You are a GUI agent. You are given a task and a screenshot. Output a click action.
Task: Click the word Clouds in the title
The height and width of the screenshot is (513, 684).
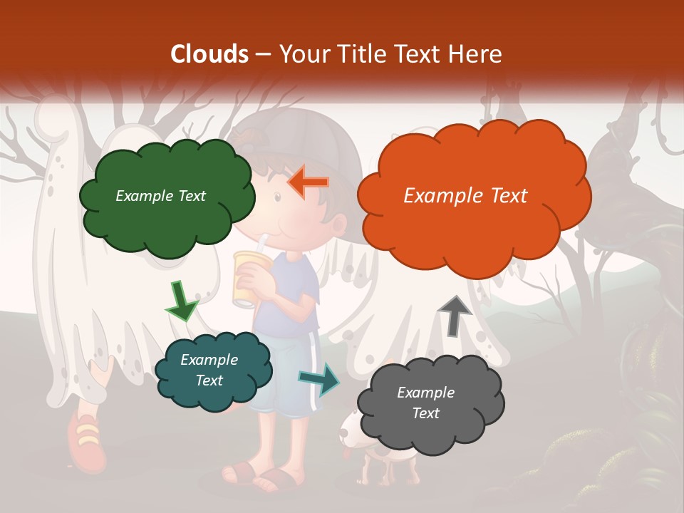point(209,54)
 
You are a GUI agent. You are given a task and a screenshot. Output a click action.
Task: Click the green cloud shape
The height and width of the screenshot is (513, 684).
point(167,214)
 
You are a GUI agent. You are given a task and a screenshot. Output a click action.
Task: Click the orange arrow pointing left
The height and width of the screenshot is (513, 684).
point(308,182)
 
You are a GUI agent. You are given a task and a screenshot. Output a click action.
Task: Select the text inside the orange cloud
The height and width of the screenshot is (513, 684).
point(465,196)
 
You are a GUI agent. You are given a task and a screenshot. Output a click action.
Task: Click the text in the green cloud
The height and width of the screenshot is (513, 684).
point(160,196)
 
